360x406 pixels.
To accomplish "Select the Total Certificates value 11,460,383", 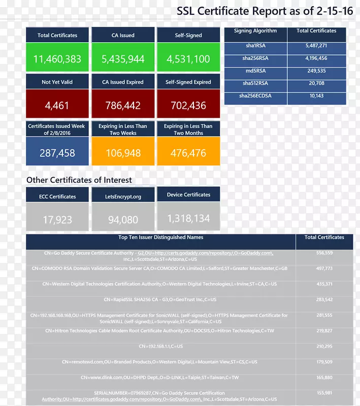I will click(x=57, y=59).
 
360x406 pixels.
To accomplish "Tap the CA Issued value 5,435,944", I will click(x=123, y=59).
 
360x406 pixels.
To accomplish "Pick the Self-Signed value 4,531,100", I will click(x=188, y=59).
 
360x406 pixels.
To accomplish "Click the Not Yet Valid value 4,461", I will click(x=57, y=106).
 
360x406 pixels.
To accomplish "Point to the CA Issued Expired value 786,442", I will click(x=123, y=106).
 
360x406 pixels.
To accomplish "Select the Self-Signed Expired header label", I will click(x=188, y=82).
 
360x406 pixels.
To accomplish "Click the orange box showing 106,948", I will click(x=123, y=152).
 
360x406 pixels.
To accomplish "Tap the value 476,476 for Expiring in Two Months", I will click(x=188, y=152).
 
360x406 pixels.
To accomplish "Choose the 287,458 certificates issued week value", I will click(x=57, y=152).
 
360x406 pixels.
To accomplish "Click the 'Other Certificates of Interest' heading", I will click(x=79, y=180).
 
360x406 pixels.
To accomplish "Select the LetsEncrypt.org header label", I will click(x=123, y=196).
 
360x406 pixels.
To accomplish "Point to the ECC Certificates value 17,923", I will click(x=57, y=220).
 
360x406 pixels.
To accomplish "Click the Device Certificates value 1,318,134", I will click(x=188, y=218).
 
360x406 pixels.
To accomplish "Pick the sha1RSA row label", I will click(x=255, y=46).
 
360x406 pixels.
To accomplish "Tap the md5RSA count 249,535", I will click(x=316, y=71).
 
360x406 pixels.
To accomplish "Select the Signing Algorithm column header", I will click(x=255, y=31).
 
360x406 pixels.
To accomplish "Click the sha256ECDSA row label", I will click(x=255, y=95).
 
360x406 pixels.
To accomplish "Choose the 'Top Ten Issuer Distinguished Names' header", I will click(x=160, y=238).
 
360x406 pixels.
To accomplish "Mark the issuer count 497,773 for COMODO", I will click(x=324, y=268).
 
